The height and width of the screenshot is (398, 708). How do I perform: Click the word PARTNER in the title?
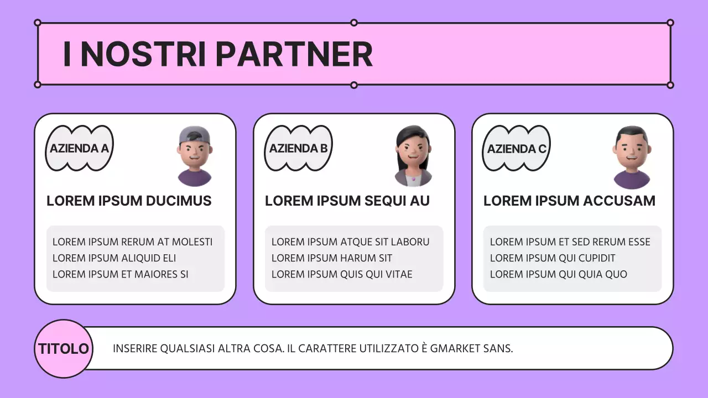(294, 54)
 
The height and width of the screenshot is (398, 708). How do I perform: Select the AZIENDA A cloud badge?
(79, 148)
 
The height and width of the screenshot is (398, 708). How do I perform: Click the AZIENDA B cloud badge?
(298, 148)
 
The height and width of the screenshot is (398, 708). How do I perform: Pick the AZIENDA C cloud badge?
(517, 148)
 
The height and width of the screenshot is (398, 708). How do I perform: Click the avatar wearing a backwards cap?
(194, 156)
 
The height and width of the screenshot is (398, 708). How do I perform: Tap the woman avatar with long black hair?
(413, 156)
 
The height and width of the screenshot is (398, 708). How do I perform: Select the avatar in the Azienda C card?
(632, 157)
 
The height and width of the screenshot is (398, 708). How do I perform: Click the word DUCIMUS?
(179, 201)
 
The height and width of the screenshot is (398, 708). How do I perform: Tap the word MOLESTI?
(192, 242)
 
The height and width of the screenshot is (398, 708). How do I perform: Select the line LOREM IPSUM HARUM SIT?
(331, 258)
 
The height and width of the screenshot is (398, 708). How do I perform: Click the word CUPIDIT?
(597, 258)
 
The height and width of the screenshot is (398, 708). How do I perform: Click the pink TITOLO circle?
(64, 349)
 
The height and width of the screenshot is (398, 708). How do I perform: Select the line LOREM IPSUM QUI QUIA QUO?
(559, 274)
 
